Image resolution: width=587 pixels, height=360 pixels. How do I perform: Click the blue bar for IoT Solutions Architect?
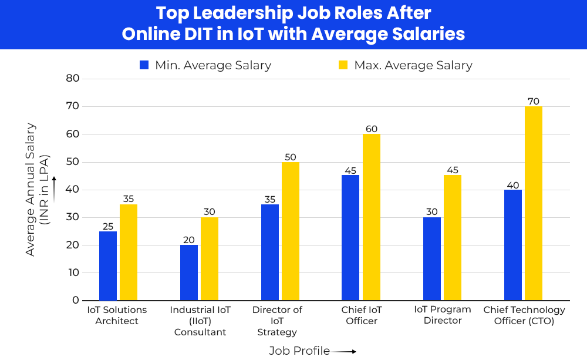tap(108, 265)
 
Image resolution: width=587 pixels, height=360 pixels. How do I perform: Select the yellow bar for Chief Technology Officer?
tap(534, 203)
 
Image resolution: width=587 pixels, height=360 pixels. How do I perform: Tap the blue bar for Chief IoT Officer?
tap(350, 237)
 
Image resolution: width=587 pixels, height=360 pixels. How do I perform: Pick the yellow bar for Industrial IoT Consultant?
tap(210, 258)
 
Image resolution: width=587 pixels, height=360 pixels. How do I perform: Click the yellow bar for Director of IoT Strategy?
tap(291, 231)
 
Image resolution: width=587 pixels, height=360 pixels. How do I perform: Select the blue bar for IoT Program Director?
tap(432, 258)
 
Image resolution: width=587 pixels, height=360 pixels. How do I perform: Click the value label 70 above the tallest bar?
tap(534, 101)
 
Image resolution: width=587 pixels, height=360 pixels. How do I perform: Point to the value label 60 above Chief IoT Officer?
tap(372, 129)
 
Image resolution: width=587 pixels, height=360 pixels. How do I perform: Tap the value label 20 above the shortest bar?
tap(188, 240)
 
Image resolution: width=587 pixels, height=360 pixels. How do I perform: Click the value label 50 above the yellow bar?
tap(291, 157)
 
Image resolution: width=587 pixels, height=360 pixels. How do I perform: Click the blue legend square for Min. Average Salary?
tap(144, 65)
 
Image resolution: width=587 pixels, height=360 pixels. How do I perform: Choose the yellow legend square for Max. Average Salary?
tap(343, 65)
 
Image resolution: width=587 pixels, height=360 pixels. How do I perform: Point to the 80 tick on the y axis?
tap(72, 78)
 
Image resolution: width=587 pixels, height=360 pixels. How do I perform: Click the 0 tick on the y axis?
tap(76, 300)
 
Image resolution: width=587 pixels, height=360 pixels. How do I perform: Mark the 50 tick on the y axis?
tap(72, 162)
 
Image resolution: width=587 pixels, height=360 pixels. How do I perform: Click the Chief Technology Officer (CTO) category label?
tap(524, 315)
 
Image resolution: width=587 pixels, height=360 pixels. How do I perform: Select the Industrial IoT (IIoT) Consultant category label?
tap(200, 321)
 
